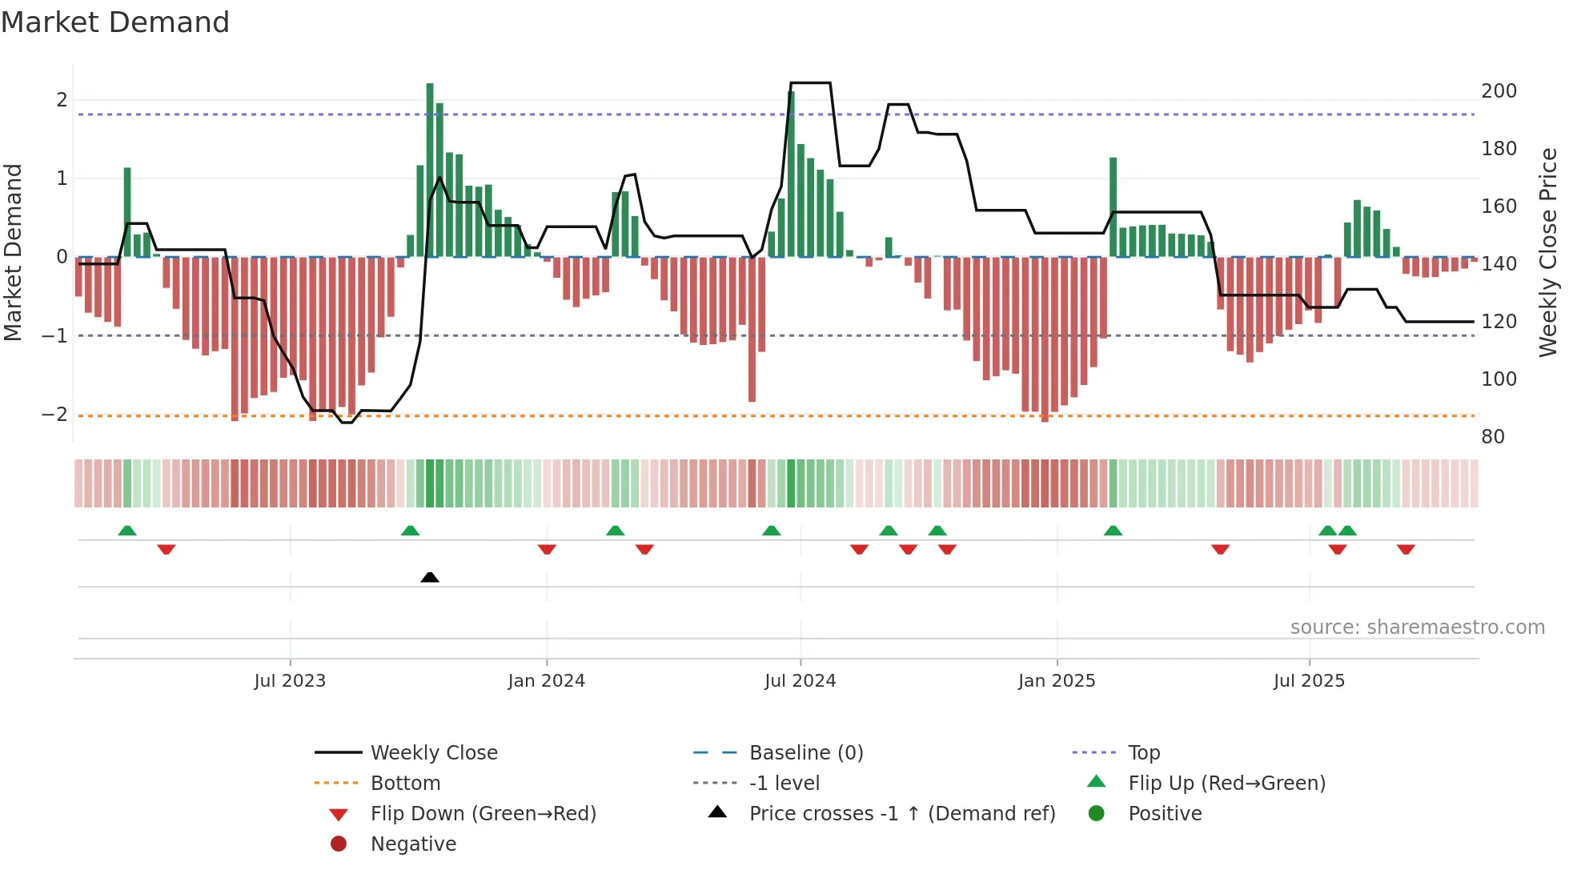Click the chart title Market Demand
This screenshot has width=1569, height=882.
(115, 22)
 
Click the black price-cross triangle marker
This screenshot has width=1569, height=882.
(430, 577)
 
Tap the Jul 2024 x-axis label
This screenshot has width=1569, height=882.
(800, 681)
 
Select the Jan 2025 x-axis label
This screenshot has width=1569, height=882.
(1057, 681)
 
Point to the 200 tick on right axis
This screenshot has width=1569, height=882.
(1499, 91)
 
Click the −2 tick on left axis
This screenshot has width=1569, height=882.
(54, 415)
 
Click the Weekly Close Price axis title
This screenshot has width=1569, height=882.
(1548, 252)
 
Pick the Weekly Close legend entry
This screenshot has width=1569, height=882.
(433, 753)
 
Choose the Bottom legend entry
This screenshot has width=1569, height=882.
(405, 784)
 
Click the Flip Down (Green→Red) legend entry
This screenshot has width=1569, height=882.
(483, 814)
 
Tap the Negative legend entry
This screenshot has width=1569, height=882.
(413, 844)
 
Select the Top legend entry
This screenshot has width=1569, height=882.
(1144, 753)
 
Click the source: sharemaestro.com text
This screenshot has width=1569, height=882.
(1417, 627)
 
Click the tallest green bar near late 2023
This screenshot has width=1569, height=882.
(430, 168)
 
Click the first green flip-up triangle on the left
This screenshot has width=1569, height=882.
(127, 531)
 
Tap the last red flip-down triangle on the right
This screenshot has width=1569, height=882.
(1406, 549)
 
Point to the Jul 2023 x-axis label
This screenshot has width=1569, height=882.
(290, 681)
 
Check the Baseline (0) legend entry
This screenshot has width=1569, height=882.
(805, 753)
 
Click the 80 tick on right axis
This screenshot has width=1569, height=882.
(1492, 437)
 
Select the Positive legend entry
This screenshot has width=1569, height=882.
(1165, 814)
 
